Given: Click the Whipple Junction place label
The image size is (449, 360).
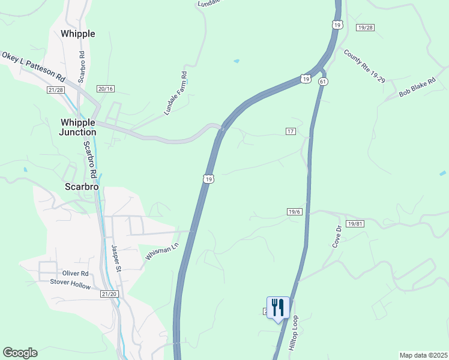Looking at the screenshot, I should [78, 127].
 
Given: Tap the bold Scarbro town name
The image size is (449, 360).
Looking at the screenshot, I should [81, 187].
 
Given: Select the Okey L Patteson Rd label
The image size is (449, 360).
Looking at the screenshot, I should [33, 66].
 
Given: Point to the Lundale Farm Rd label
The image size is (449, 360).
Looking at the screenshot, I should [176, 94].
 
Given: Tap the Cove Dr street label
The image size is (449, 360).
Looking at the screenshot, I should [336, 237].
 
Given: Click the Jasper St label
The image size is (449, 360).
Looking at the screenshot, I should [116, 258].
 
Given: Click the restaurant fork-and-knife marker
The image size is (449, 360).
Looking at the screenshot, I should [278, 308].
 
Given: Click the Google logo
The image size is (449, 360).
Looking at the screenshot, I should [20, 353].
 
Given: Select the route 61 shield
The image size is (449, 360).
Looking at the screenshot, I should [323, 81].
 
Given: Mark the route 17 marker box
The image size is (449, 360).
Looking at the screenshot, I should [291, 131].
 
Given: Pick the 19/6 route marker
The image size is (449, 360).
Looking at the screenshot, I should [294, 212].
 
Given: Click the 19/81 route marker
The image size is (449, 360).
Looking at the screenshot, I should [355, 224].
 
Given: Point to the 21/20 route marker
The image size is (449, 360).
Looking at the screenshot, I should [109, 294].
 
